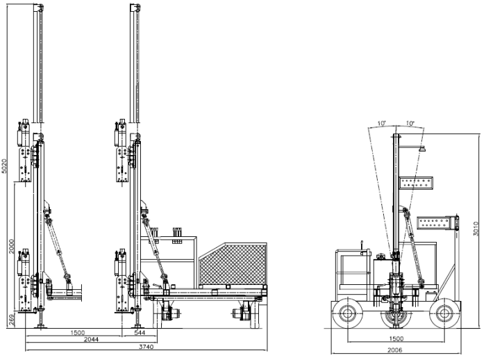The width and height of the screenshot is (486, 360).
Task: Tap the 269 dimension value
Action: [x=12, y=320]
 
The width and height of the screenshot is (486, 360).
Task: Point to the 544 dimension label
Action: [x=140, y=333]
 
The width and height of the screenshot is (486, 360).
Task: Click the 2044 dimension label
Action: [x=91, y=340]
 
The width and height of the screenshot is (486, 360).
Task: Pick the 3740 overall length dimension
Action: [x=146, y=347]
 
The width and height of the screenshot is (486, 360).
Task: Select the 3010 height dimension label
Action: [x=476, y=229]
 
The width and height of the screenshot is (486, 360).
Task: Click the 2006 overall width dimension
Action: [x=395, y=350]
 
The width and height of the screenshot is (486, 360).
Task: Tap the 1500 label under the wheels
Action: [x=396, y=338]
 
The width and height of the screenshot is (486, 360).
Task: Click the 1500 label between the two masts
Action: [x=78, y=333]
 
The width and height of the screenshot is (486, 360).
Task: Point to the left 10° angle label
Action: [x=382, y=123]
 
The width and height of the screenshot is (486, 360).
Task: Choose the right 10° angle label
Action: [x=410, y=123]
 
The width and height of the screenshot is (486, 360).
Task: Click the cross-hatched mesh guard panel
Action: [x=233, y=264]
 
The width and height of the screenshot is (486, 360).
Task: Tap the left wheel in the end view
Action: [x=347, y=313]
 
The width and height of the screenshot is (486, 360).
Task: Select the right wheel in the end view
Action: [x=445, y=313]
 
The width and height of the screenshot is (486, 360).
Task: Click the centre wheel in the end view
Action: [x=396, y=317]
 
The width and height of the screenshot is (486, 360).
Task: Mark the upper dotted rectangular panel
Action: [x=416, y=183]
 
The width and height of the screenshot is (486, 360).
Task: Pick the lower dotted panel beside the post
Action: [x=434, y=222]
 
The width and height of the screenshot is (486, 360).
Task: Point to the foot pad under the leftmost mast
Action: [x=41, y=326]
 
